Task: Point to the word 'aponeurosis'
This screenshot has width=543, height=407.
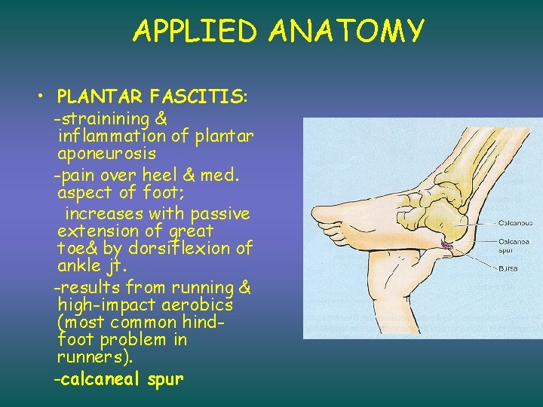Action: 106,154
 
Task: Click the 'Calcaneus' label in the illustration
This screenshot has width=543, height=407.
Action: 516,223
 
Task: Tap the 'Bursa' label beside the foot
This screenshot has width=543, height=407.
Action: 508,268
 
